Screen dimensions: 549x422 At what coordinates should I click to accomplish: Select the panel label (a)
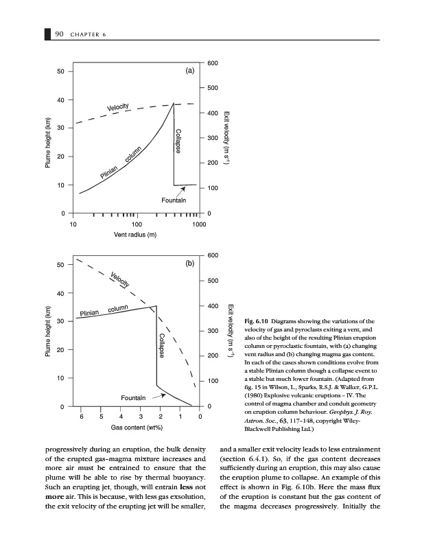[189, 70]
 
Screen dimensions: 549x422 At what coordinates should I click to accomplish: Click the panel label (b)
[190, 263]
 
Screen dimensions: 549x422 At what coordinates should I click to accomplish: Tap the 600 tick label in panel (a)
[213, 63]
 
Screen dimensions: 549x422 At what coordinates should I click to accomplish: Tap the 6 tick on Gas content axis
[82, 417]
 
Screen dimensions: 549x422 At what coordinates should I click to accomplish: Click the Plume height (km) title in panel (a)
[49, 143]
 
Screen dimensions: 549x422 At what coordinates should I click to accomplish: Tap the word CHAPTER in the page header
[87, 36]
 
